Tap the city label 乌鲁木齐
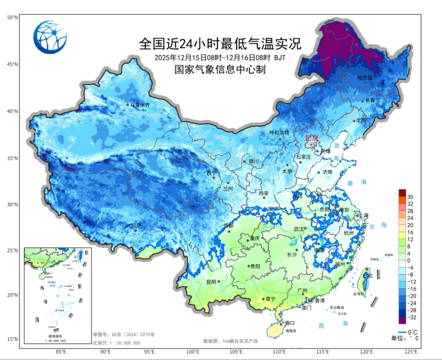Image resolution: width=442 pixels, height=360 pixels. pyautogui.click(x=140, y=105)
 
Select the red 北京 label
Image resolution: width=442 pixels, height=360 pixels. pyautogui.click(x=312, y=138)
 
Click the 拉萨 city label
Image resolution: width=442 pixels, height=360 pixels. pyautogui.click(x=136, y=225)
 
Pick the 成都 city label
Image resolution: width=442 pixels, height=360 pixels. pyautogui.click(x=228, y=226)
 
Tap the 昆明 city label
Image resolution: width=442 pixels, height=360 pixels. pyautogui.click(x=212, y=282)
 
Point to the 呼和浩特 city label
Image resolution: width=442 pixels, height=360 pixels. pyautogui.click(x=279, y=132)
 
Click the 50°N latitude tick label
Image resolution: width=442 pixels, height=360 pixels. pyautogui.click(x=12, y=17)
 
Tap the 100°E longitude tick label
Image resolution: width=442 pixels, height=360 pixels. pyautogui.click(x=193, y=352)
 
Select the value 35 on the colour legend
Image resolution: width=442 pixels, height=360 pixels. pyautogui.click(x=410, y=196)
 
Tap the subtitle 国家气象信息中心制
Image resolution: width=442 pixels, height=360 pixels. pyautogui.click(x=220, y=69)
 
